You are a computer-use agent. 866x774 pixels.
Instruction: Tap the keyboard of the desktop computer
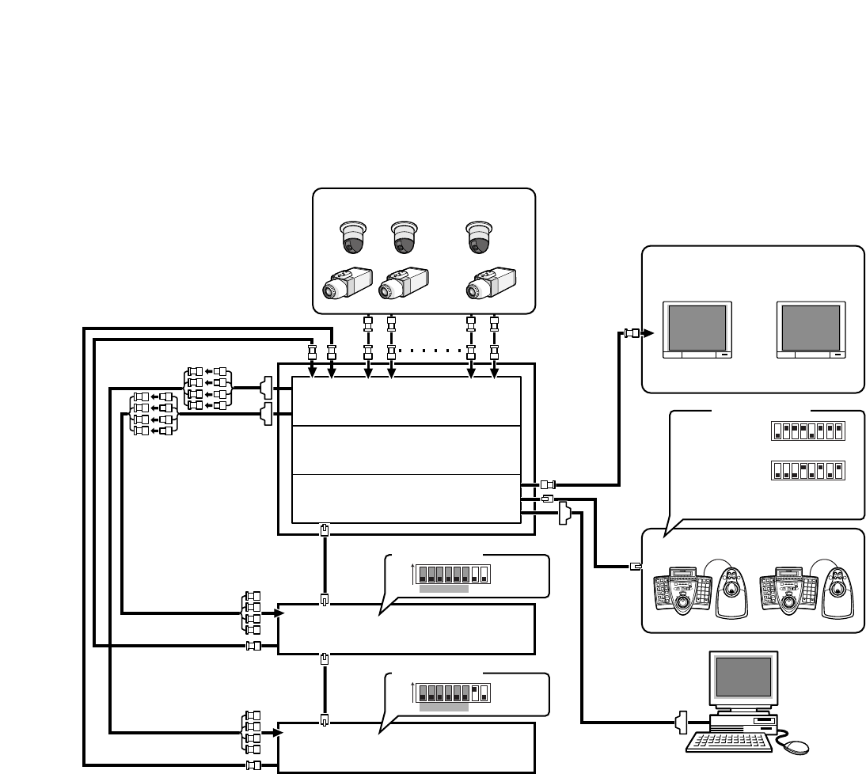click(x=731, y=741)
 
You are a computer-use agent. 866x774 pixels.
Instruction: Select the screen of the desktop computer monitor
click(x=743, y=677)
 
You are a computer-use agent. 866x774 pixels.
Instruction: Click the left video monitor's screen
click(x=696, y=328)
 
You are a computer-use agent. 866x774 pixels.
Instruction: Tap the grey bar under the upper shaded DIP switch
click(x=443, y=590)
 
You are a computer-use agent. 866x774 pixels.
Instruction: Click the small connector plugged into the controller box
click(x=635, y=566)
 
